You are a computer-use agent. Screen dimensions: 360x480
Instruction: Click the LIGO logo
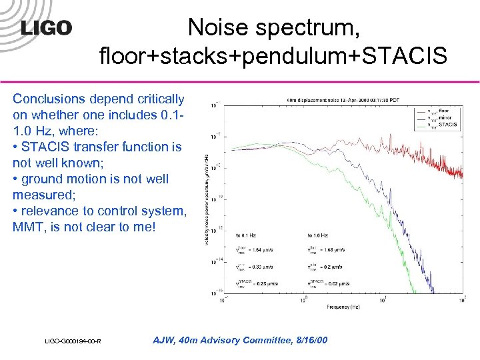point(46,28)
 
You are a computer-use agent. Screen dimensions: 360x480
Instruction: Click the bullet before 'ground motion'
point(15,179)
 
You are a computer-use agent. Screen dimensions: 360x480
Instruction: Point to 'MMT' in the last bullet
point(29,227)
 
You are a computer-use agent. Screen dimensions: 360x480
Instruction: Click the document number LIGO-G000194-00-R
point(73,341)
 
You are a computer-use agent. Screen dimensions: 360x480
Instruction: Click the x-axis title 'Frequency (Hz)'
point(343,307)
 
